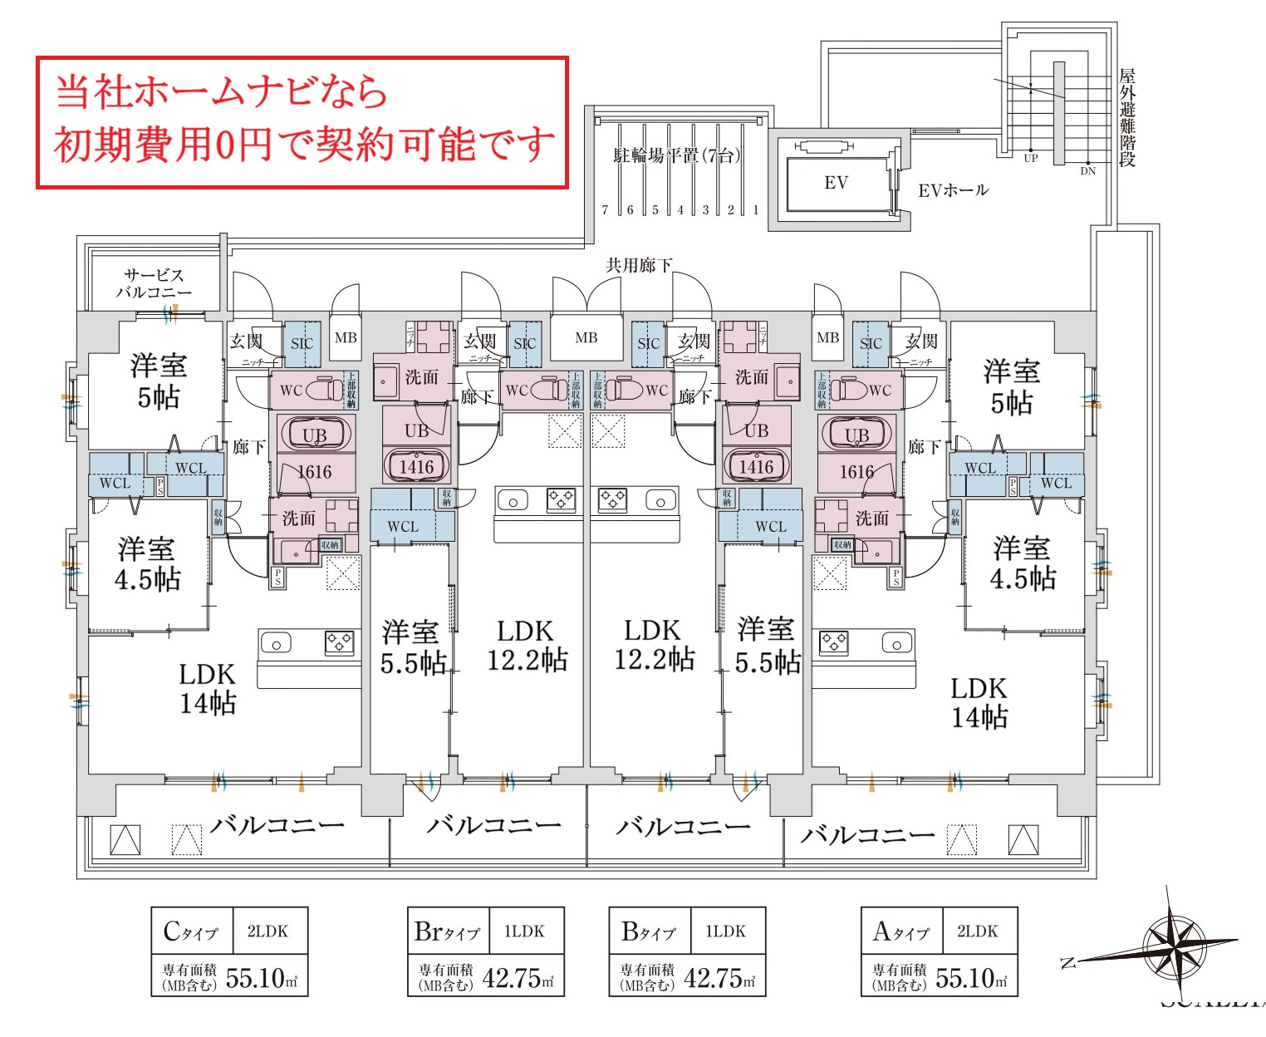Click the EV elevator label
[x=836, y=183]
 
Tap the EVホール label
[x=953, y=190]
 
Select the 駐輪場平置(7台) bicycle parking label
[x=676, y=155]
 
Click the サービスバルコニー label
[x=153, y=283]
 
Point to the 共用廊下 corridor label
[x=638, y=265]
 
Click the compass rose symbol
[x=1174, y=944]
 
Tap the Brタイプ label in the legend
[x=447, y=931]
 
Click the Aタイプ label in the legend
[x=900, y=931]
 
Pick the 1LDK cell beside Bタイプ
[x=725, y=931]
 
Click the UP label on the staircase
[x=1031, y=158]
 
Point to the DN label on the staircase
[x=1087, y=171]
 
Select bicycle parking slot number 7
[x=605, y=210]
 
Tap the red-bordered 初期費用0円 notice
[x=302, y=122]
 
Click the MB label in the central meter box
[x=586, y=338]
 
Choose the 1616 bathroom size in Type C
[x=314, y=472]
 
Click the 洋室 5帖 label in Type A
[x=1011, y=387]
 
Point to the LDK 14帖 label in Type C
[x=208, y=689]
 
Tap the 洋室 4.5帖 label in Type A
[x=1023, y=563]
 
